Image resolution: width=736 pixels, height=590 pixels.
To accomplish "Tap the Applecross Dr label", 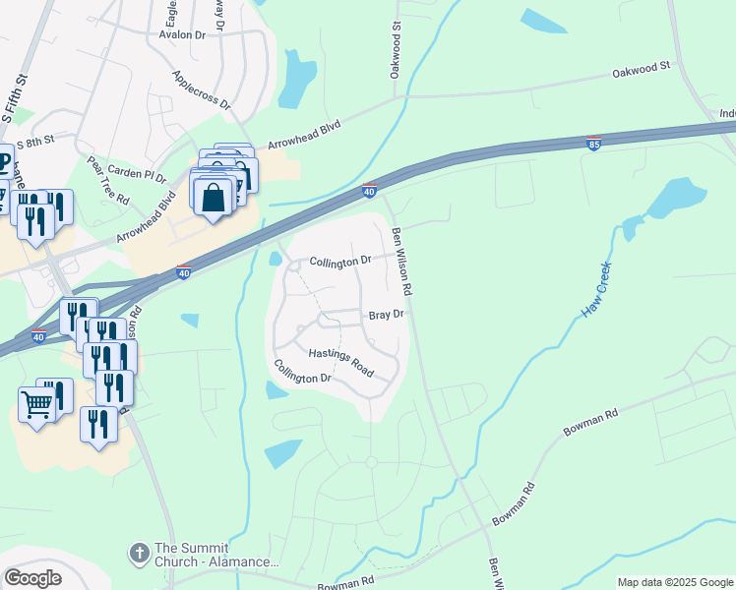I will [x=201, y=89].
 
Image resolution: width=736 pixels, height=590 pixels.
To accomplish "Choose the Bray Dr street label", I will [x=387, y=315].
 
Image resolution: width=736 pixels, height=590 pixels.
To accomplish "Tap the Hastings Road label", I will [x=340, y=363].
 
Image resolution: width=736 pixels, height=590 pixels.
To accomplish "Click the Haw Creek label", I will [x=596, y=288].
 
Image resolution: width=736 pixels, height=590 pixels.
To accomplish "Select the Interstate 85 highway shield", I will [x=593, y=145].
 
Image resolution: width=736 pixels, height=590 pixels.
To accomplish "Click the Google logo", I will [x=33, y=578].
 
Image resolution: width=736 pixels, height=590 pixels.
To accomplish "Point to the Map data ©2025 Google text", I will [x=674, y=582].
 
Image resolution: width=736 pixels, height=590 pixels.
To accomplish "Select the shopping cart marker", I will [x=37, y=403].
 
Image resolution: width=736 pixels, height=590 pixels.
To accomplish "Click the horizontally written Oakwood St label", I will [x=641, y=69].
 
